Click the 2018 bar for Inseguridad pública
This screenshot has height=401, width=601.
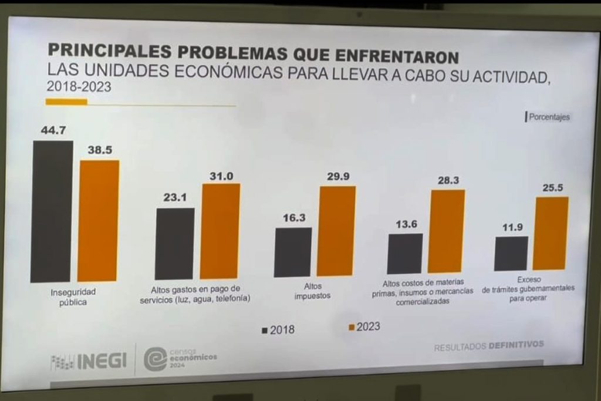tap(52, 211)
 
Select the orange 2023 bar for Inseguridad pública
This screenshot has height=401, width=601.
tap(99, 220)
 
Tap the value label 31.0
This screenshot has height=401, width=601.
tap(221, 175)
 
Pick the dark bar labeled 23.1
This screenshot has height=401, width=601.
tap(174, 244)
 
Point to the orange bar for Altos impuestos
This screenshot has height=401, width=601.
tap(336, 231)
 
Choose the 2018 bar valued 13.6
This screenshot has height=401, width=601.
tap(404, 253)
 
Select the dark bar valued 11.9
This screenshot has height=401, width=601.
tap(511, 253)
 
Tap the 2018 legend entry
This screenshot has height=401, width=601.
tap(278, 330)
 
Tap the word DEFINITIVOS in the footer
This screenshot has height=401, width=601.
tap(516, 345)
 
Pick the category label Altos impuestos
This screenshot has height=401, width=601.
tap(312, 291)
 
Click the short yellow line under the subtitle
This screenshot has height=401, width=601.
tap(66, 102)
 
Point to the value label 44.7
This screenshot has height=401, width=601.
tap(53, 131)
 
